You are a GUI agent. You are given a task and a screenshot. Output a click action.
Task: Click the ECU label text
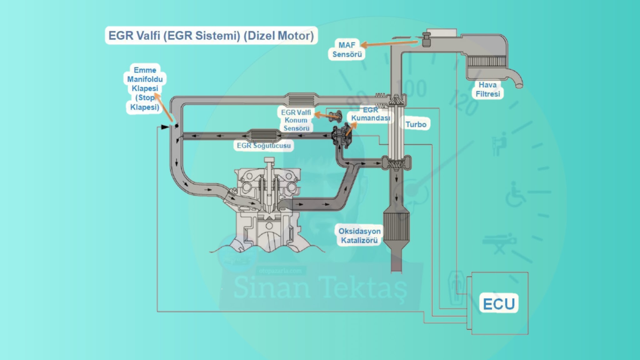click(499, 304)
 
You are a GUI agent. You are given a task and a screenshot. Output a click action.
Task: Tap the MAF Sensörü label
click(347, 50)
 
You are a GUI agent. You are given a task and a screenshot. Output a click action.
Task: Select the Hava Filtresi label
click(487, 89)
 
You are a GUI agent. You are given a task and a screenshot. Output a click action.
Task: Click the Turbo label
click(416, 124)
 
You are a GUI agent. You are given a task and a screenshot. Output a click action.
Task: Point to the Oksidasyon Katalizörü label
click(359, 236)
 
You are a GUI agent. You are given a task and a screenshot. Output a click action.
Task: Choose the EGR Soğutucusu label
click(263, 146)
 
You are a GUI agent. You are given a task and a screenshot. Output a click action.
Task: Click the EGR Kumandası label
click(371, 114)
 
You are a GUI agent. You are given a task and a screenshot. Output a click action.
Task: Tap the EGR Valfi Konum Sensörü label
click(296, 120)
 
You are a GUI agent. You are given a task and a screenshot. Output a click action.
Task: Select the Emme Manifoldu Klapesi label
click(145, 88)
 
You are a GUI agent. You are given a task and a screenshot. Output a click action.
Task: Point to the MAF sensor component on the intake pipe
click(426, 40)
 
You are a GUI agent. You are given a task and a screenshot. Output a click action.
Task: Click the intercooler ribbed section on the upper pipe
click(301, 100)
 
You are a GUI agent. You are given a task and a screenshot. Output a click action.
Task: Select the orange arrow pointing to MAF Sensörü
click(389, 43)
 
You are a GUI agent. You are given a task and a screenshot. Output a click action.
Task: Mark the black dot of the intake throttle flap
click(177, 126)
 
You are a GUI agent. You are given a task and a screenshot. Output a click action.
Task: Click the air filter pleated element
click(486, 61)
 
